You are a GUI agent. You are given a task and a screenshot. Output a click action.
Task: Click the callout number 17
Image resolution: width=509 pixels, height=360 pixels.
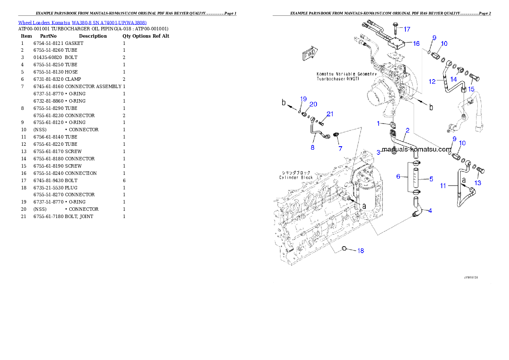click(407, 29)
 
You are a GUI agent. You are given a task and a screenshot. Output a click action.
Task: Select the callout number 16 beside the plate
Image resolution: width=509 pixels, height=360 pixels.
click(416, 44)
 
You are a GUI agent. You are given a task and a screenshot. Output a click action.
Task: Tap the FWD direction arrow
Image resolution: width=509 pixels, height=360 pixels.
click(308, 55)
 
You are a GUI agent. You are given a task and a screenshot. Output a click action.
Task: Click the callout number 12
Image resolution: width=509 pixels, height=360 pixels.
click(432, 81)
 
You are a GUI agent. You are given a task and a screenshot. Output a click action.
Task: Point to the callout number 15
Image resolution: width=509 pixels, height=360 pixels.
click(471, 89)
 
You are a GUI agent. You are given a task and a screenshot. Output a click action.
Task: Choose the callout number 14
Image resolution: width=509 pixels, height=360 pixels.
click(453, 79)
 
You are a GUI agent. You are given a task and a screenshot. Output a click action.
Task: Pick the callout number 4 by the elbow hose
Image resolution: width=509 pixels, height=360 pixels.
click(429, 210)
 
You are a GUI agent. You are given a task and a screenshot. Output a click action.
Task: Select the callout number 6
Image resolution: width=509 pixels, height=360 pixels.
click(398, 176)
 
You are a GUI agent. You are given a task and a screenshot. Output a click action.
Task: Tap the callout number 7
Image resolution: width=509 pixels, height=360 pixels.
click(340, 148)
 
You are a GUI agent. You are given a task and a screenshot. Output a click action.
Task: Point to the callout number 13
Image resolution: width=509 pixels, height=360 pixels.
click(478, 183)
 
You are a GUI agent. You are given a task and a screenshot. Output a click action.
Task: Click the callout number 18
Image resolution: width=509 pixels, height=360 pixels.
click(361, 251)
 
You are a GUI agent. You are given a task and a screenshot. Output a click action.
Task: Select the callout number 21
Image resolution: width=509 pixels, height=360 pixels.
click(330, 114)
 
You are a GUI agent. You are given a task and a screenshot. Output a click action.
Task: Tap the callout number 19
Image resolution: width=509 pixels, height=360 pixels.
click(303, 99)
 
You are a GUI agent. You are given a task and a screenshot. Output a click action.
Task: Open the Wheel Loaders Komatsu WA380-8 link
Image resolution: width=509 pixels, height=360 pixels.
click(82, 23)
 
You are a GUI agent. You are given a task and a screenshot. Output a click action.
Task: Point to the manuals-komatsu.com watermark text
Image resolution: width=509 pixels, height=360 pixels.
click(417, 150)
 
